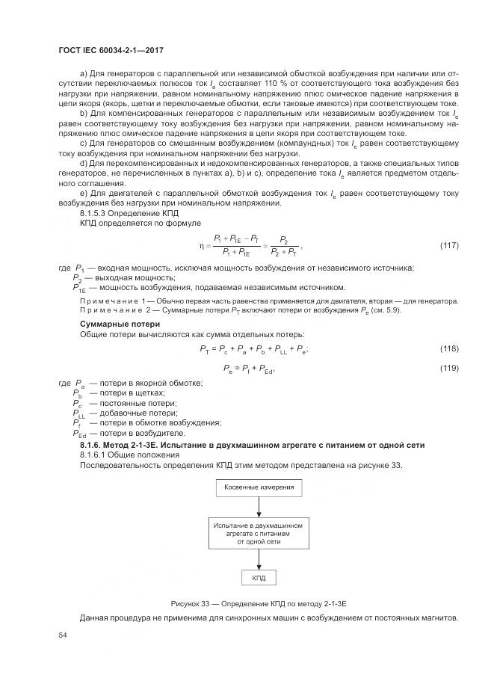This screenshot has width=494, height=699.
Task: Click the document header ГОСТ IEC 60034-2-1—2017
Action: pyautogui.click(x=111, y=50)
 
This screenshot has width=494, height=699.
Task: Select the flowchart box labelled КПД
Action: pyautogui.click(x=258, y=578)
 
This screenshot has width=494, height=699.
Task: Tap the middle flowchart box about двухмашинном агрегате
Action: pyautogui.click(x=258, y=534)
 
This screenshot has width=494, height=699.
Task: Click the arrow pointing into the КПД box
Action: pyautogui.click(x=258, y=561)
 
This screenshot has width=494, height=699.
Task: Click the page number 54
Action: pyautogui.click(x=63, y=635)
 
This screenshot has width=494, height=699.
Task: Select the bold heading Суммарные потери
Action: pyautogui.click(x=116, y=324)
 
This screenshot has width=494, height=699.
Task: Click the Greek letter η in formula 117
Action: pyautogui.click(x=201, y=244)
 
